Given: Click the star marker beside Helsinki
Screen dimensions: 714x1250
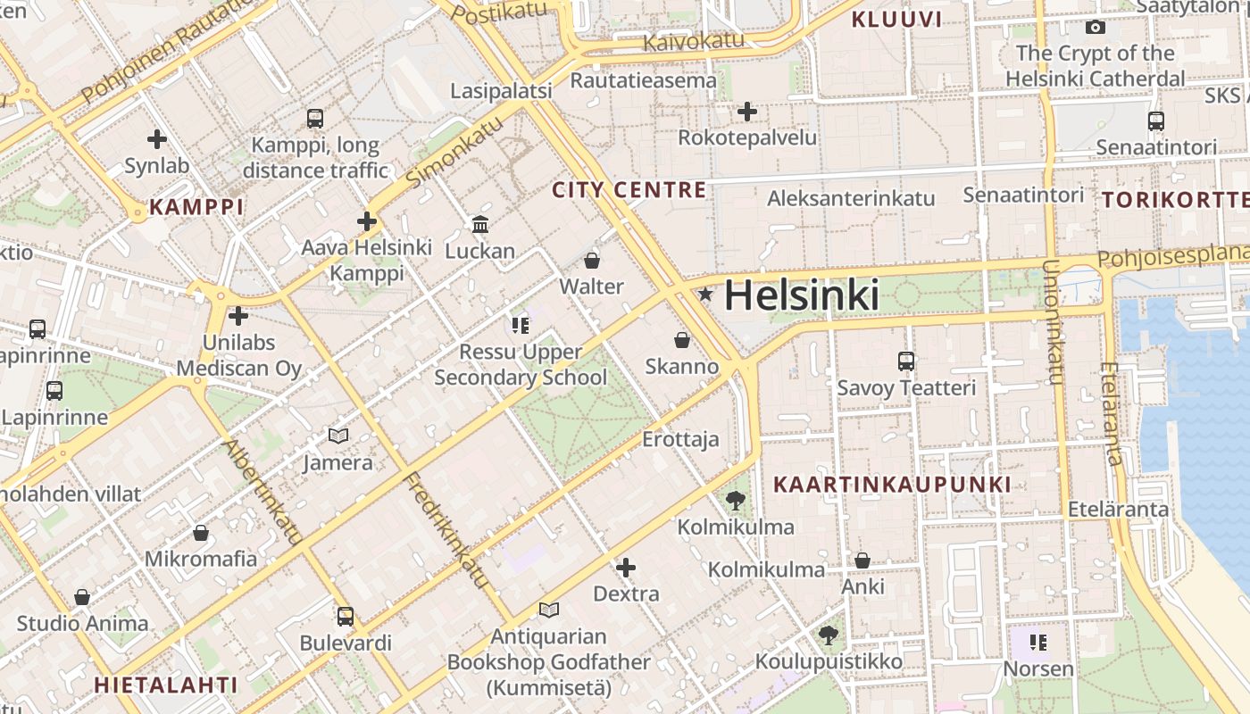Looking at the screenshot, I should [x=705, y=294].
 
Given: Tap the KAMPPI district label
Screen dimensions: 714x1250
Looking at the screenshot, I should [x=196, y=207].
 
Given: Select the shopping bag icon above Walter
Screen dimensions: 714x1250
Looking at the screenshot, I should [x=591, y=261].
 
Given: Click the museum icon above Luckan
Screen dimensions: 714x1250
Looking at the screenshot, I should [x=480, y=224].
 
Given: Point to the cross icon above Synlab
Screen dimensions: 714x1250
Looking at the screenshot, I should [x=157, y=139].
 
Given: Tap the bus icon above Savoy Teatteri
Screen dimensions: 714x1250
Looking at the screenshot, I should [x=906, y=361].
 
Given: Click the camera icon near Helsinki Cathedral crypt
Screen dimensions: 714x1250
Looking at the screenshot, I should [x=1096, y=28].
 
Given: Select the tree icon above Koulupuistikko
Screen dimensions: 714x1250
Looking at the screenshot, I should [x=829, y=635].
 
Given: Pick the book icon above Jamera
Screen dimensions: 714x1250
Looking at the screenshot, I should [x=337, y=436].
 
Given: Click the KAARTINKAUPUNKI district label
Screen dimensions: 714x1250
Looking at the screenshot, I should [x=891, y=485].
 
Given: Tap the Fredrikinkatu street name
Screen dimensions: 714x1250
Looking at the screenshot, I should [x=449, y=530].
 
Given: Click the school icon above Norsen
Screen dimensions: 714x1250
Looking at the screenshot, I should [x=1037, y=642].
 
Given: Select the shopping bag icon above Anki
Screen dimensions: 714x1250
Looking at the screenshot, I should [x=862, y=560].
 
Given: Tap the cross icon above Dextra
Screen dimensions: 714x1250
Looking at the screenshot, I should [x=626, y=568].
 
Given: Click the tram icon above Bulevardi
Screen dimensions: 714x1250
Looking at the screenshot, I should [x=346, y=616].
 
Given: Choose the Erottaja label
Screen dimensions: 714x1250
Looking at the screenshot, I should [x=680, y=439].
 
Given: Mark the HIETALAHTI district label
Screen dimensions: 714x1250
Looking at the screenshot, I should [x=166, y=685].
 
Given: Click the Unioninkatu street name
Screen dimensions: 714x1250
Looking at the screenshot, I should [x=1054, y=321].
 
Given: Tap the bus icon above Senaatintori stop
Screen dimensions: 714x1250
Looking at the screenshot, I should [x=1156, y=120].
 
